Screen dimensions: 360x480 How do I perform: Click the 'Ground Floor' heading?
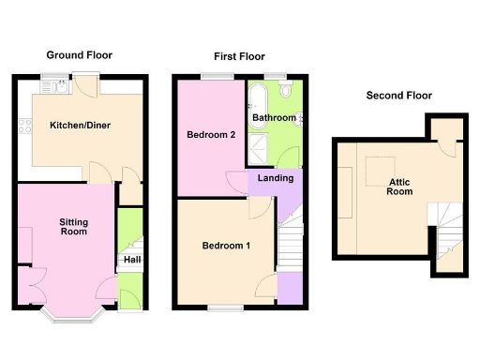(x=80, y=55)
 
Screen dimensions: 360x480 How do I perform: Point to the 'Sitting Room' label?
(x=74, y=227)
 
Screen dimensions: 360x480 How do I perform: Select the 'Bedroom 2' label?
(x=212, y=135)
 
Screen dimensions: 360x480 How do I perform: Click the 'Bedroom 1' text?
(x=226, y=246)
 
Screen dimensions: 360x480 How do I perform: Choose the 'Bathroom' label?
(x=274, y=118)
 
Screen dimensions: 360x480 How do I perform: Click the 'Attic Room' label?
(x=400, y=187)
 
